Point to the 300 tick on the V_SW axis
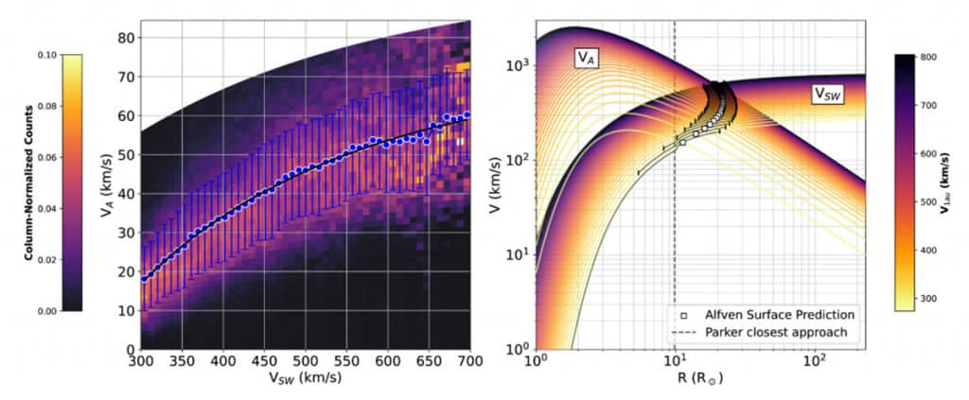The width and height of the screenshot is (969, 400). (x=140, y=361)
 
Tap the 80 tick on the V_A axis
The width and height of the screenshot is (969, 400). (x=123, y=38)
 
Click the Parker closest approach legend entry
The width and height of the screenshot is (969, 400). (x=764, y=332)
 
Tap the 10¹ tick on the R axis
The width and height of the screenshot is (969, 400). (x=674, y=361)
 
